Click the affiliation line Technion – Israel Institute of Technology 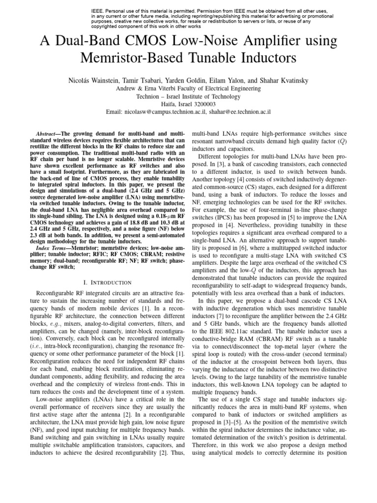(188, 96)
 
